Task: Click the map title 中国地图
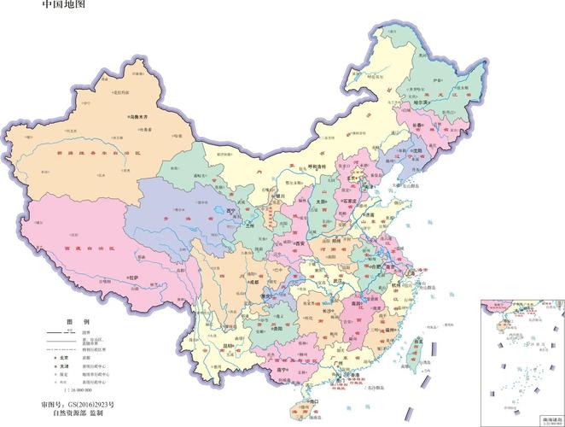(x=63, y=7)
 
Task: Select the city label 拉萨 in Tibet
(x=133, y=277)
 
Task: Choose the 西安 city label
(x=300, y=243)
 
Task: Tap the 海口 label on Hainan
(x=313, y=401)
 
